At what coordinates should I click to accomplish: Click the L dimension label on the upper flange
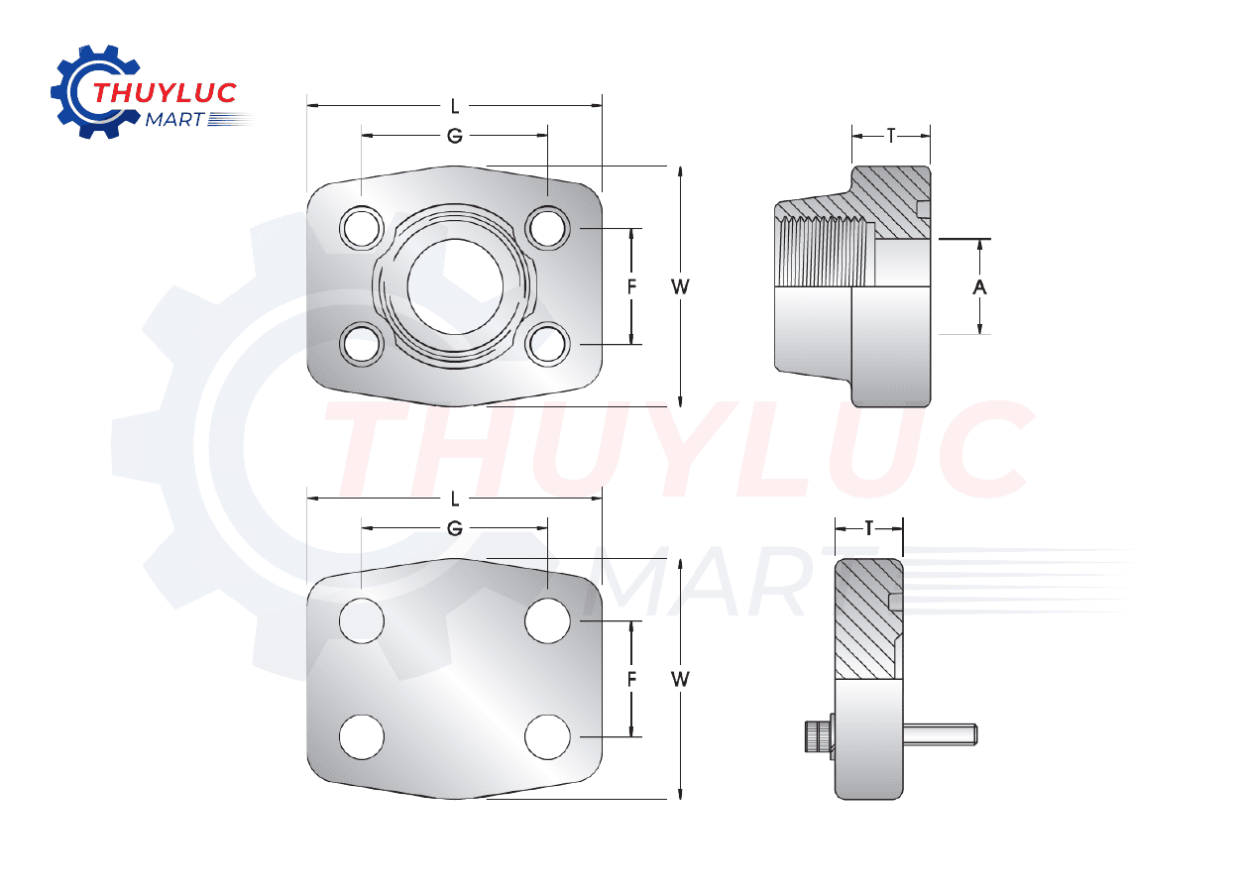[x=455, y=105]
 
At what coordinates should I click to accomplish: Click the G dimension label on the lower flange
[x=455, y=529]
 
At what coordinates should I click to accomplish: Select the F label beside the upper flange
[x=631, y=286]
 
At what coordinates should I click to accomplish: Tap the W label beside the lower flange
[x=680, y=679]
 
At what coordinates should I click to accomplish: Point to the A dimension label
[x=979, y=287]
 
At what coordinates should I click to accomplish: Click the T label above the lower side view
[x=869, y=528]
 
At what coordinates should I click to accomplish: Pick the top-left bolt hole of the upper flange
[x=362, y=228]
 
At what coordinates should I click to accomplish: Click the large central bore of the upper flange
[x=455, y=286]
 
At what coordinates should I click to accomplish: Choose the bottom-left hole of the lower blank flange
[x=362, y=736]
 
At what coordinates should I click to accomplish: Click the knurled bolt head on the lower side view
[x=816, y=737]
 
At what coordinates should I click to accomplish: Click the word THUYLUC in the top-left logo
[x=164, y=94]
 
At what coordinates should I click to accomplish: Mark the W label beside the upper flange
[x=680, y=286]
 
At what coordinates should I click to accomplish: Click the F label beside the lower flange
[x=631, y=679]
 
